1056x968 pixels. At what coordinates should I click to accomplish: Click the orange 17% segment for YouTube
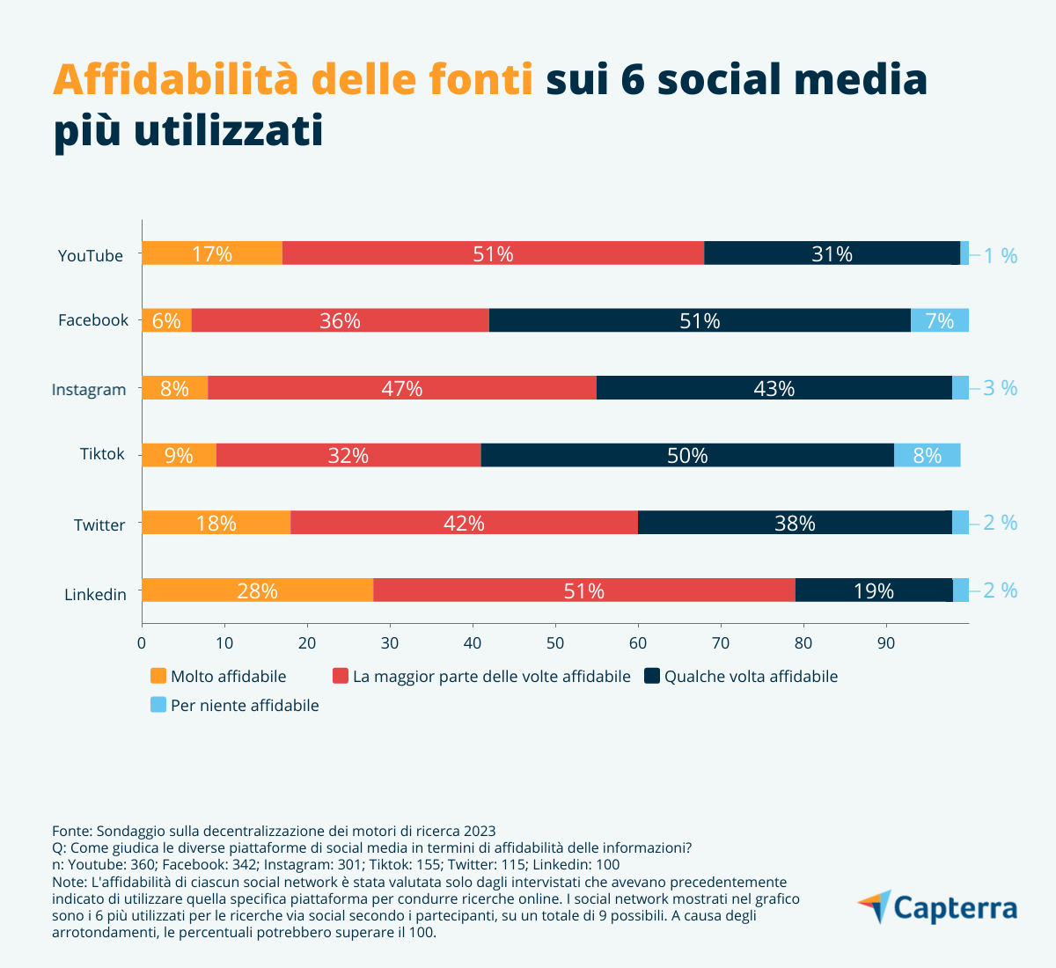click(x=211, y=253)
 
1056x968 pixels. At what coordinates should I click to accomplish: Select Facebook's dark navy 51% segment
click(x=700, y=320)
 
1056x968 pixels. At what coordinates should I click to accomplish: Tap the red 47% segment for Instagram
click(x=401, y=388)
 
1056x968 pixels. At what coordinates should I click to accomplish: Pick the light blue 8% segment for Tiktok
click(x=927, y=455)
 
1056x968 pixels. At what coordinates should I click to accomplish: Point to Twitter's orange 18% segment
click(x=216, y=523)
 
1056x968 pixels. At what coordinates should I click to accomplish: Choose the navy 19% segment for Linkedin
click(x=873, y=590)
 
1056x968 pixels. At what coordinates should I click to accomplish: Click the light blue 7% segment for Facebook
click(x=939, y=320)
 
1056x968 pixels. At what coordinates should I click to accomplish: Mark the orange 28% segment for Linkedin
click(x=257, y=590)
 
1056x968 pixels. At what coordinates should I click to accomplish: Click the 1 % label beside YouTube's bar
click(x=1000, y=256)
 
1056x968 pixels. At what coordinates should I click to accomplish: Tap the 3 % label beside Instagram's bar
click(x=1000, y=387)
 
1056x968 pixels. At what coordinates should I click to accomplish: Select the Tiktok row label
click(x=102, y=454)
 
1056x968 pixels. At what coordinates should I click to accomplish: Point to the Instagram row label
click(x=89, y=389)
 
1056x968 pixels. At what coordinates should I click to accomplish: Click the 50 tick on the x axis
click(x=555, y=643)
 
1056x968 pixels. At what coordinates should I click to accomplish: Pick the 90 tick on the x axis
click(x=886, y=643)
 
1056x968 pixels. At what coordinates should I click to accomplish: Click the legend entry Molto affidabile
click(x=228, y=677)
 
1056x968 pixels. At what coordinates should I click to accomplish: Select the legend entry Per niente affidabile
click(x=244, y=706)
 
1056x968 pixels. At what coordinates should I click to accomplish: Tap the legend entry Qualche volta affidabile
click(x=751, y=677)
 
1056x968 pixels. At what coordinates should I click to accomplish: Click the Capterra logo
click(x=938, y=908)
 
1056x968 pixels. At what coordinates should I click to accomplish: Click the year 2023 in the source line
click(x=480, y=831)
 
